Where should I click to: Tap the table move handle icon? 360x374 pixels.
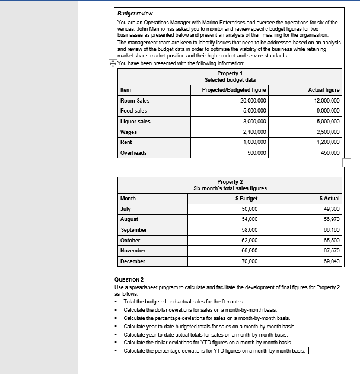[x=113, y=64]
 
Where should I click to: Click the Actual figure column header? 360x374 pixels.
[x=324, y=90]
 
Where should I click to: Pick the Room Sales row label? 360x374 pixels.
[x=135, y=101]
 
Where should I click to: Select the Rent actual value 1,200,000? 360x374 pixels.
[x=326, y=143]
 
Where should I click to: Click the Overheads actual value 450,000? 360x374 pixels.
[x=329, y=153]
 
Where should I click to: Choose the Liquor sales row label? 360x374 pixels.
[x=135, y=122]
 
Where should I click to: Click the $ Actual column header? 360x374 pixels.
[x=329, y=199]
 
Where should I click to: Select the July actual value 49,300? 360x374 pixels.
[x=332, y=209]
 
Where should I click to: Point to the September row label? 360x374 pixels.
[x=134, y=230]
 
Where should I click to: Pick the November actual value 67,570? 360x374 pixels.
[x=332, y=251]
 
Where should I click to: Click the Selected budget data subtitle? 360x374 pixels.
[x=230, y=79]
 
